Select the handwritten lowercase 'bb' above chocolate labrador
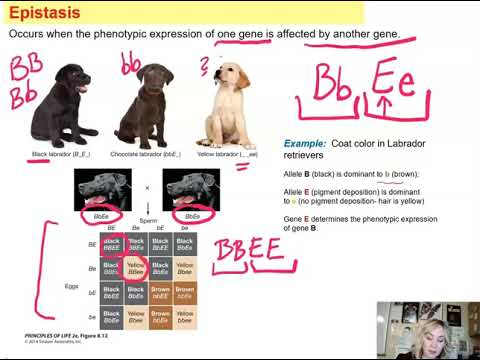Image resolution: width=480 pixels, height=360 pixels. pyautogui.click(x=130, y=64)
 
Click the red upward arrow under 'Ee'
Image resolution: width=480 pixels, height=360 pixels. pyautogui.click(x=386, y=102)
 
